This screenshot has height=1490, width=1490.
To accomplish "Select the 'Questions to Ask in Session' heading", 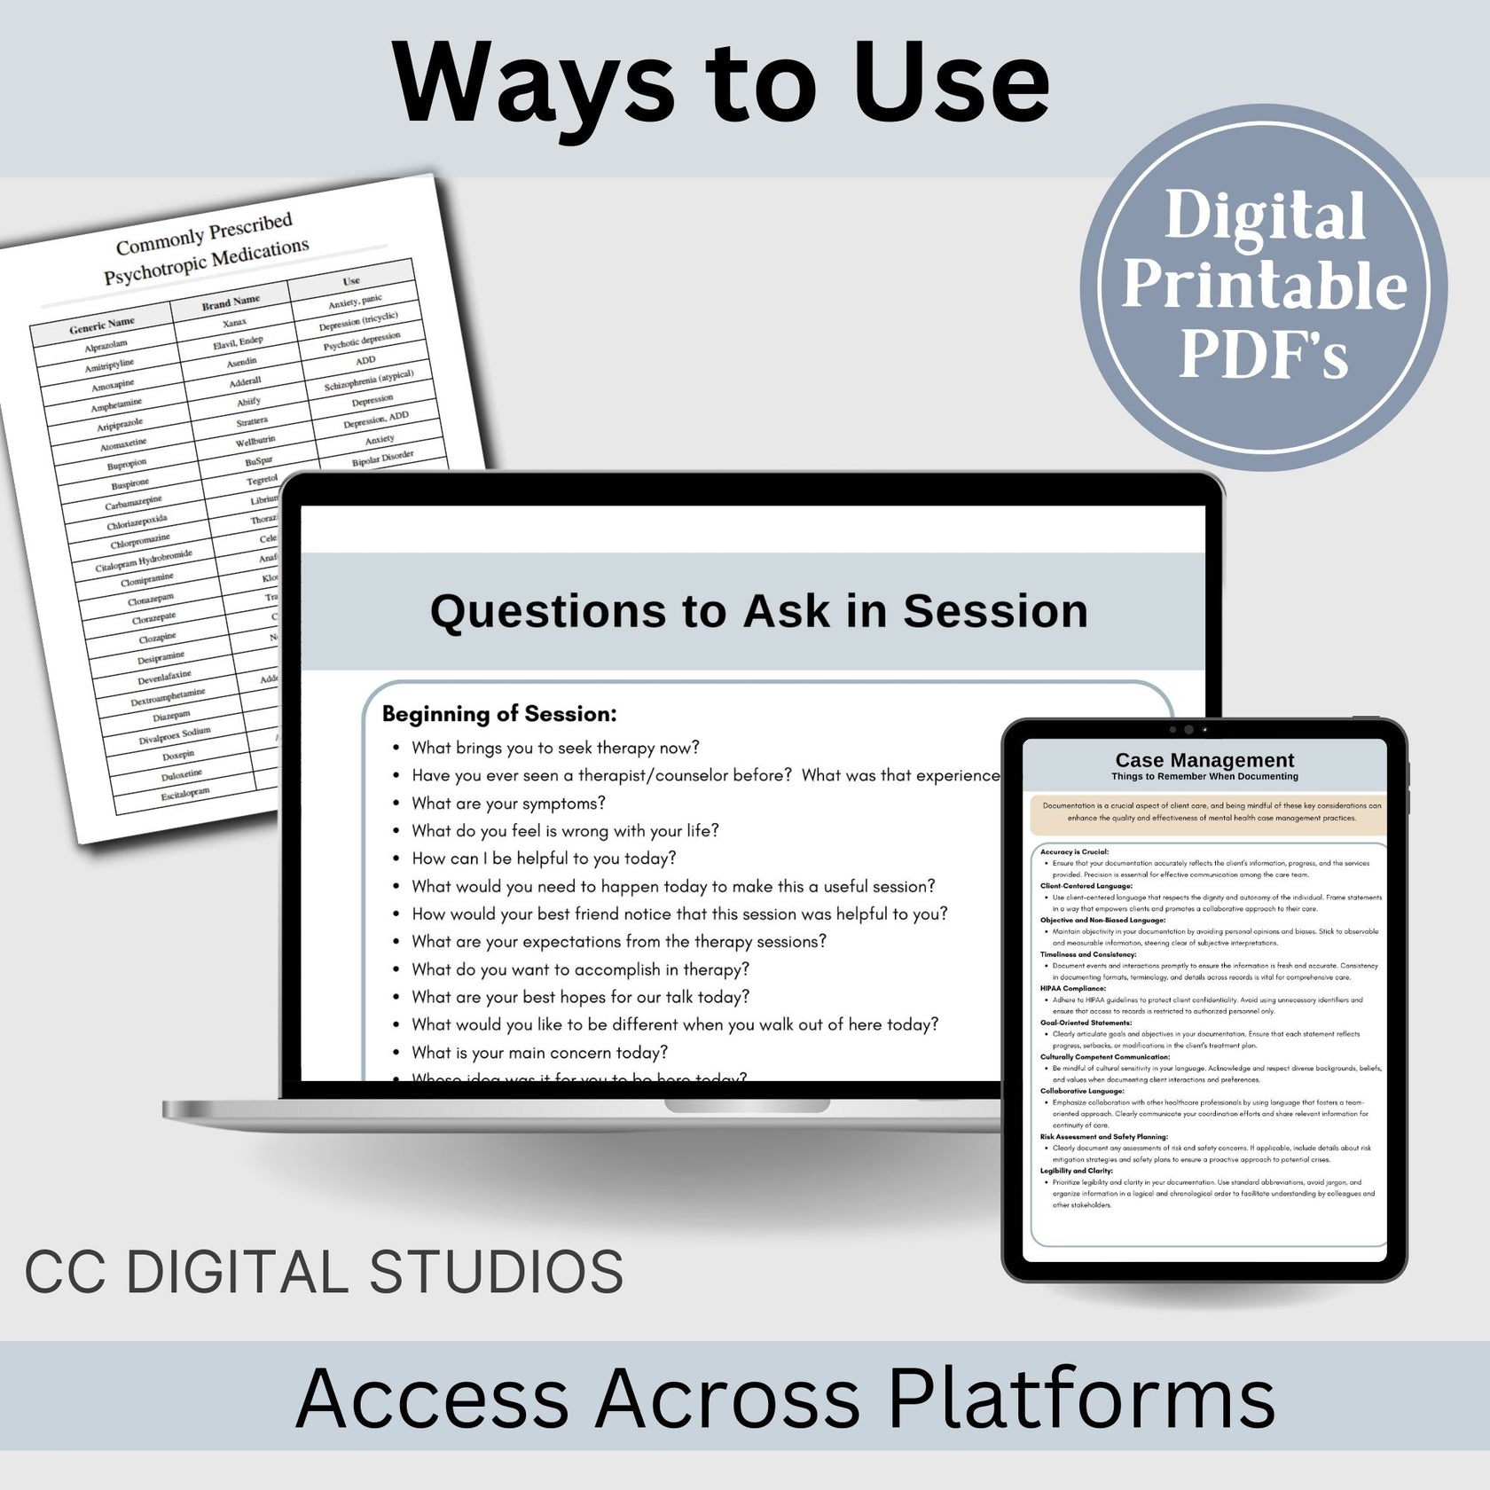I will coord(758,611).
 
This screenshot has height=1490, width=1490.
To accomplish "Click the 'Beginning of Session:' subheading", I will coord(499,714).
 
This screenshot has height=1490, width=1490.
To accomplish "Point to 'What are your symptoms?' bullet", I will coord(508,804).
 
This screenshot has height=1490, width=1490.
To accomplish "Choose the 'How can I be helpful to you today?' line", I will coord(544,859).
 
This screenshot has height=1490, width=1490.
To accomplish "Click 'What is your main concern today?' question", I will coord(539,1053).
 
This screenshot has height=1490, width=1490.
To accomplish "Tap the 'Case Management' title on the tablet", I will coord(1204,760).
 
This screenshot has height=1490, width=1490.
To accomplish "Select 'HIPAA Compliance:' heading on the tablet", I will coord(1072,988).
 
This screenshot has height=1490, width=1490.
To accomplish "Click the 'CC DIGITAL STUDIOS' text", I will coord(324,1272).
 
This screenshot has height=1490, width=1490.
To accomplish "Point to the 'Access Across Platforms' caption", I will coord(784,1399).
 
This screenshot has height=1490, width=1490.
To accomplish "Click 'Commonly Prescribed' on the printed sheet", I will coord(204,233).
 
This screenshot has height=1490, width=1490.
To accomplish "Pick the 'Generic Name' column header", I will coord(102,325).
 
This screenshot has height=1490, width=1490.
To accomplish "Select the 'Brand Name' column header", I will coord(231,302).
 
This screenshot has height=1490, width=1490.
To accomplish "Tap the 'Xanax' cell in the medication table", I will coord(234,323).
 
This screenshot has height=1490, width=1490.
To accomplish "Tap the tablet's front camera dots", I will coord(1188,730).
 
